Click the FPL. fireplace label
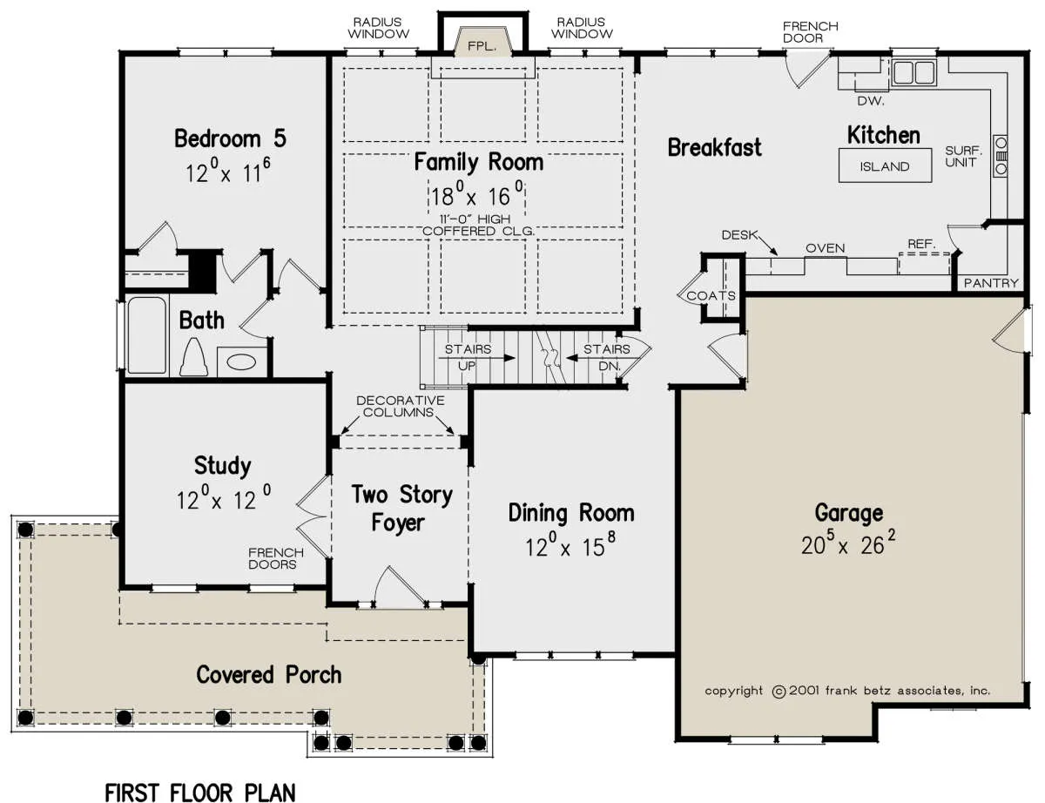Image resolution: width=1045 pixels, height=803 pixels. pyautogui.click(x=482, y=47)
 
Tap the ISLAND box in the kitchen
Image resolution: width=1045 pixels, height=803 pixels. pyautogui.click(x=885, y=165)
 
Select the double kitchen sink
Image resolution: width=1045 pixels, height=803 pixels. pyautogui.click(x=914, y=72)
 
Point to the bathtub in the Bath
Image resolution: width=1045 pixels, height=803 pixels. pyautogui.click(x=146, y=335)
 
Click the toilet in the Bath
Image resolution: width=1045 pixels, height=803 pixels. pyautogui.click(x=193, y=357)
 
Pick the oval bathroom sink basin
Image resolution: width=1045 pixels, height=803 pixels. pyautogui.click(x=241, y=362)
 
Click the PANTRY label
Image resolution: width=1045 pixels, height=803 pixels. pyautogui.click(x=991, y=283)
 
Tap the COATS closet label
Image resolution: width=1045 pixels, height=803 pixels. pyautogui.click(x=711, y=296)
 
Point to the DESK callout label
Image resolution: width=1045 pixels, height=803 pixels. pyautogui.click(x=739, y=235)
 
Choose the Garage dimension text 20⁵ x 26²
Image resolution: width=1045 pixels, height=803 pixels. pyautogui.click(x=848, y=543)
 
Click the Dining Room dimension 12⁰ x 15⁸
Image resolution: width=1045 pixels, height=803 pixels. pyautogui.click(x=570, y=545)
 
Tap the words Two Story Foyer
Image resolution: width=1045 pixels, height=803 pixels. pyautogui.click(x=401, y=509)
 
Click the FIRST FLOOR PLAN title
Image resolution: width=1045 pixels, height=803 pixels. pyautogui.click(x=200, y=793)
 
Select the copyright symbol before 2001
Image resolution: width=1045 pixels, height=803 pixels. pyautogui.click(x=779, y=692)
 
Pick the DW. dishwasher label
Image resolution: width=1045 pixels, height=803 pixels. pyautogui.click(x=871, y=101)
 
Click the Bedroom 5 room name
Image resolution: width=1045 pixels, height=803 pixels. pyautogui.click(x=231, y=138)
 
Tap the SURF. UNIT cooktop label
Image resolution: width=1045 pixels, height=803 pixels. pyautogui.click(x=963, y=157)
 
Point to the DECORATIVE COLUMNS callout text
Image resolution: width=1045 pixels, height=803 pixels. pyautogui.click(x=401, y=407)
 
